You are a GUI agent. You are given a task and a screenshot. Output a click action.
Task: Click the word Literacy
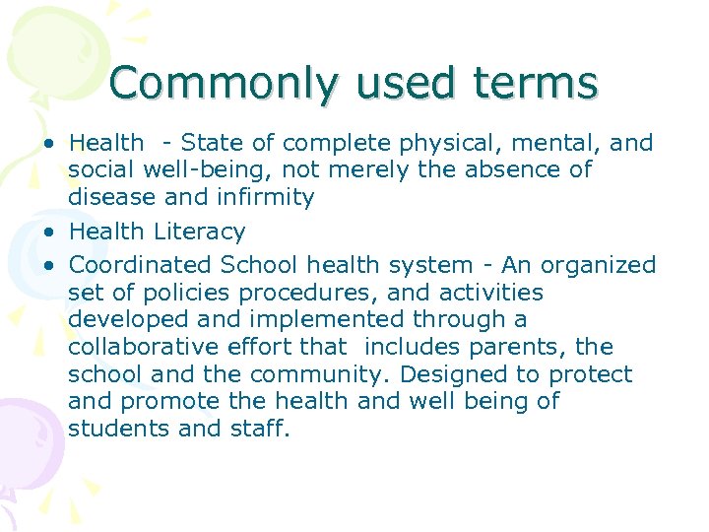[x=200, y=233]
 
